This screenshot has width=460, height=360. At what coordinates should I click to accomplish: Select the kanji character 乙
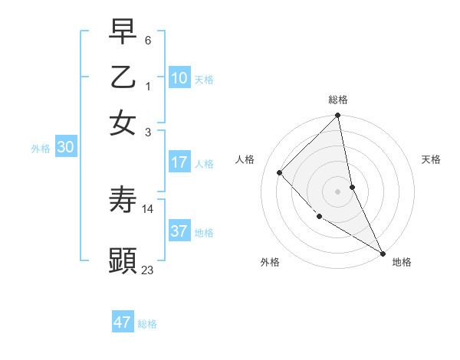click(x=123, y=77)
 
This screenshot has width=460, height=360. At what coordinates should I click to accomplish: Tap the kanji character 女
click(x=123, y=123)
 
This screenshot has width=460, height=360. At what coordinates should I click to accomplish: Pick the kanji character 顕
click(x=123, y=260)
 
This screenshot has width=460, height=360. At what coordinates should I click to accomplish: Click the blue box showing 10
click(x=179, y=78)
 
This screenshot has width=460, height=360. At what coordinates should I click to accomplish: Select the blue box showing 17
click(x=179, y=162)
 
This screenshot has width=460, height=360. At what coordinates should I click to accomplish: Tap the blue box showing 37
click(x=179, y=231)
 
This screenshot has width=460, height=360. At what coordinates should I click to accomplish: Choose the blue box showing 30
click(x=65, y=148)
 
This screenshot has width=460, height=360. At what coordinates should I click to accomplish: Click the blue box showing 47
click(x=123, y=322)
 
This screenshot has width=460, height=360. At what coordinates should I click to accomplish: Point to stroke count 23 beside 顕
click(x=148, y=270)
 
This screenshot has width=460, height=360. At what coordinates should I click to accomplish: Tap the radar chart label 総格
click(x=338, y=100)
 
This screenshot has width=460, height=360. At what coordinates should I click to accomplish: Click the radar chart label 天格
click(x=432, y=159)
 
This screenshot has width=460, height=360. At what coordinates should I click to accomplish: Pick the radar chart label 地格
click(x=402, y=262)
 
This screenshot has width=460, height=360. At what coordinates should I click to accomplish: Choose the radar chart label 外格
click(x=270, y=262)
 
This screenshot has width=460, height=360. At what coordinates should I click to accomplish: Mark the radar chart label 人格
click(x=245, y=159)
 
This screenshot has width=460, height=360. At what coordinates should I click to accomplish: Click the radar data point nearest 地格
click(x=382, y=252)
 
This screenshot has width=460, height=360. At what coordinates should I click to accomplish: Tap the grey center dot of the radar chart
click(x=338, y=191)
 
